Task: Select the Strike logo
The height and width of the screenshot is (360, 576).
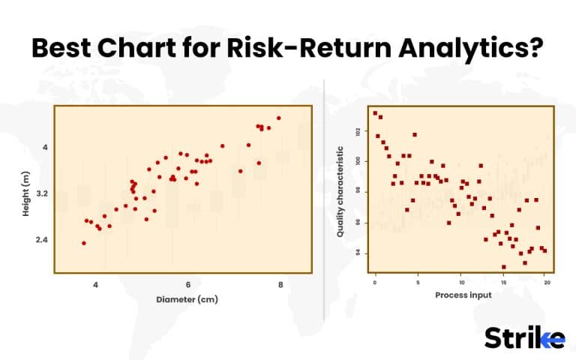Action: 523,337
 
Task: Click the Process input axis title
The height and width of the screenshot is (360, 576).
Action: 463,295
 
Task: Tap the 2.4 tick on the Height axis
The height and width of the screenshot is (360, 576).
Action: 41,240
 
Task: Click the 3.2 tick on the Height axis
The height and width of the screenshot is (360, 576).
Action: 41,193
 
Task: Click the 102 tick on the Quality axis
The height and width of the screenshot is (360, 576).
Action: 358,130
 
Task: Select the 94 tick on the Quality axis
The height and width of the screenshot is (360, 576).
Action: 358,253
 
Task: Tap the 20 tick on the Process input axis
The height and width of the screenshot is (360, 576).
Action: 547,283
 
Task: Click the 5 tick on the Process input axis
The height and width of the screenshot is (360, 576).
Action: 418,283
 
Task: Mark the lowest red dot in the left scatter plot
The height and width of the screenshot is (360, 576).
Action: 84,243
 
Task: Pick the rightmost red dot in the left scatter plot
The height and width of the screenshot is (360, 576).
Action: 279,118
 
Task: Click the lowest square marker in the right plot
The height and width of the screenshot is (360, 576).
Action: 503,267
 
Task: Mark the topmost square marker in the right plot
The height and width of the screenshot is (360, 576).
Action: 375,113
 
